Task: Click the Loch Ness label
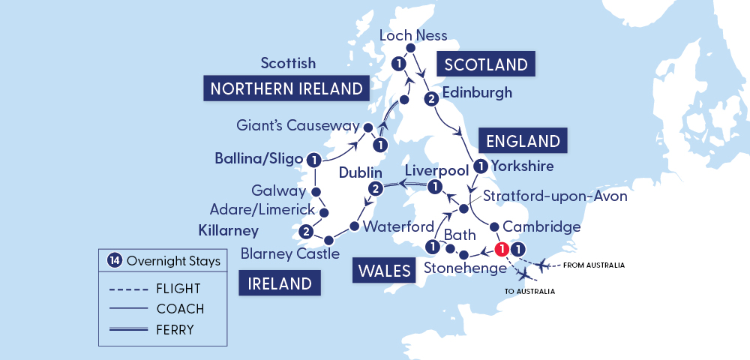(413, 35)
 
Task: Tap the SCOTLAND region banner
(486, 64)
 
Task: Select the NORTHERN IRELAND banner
(286, 88)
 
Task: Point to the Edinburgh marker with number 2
(430, 98)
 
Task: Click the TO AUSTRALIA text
(529, 291)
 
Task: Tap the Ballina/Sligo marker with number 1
(314, 159)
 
